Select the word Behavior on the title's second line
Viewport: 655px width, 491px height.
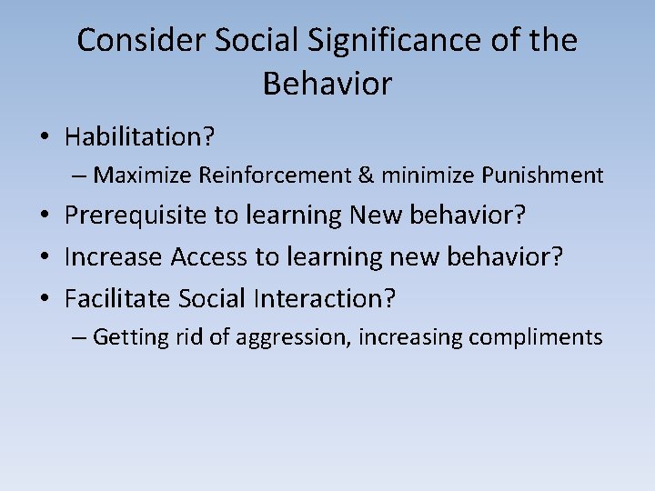pyautogui.click(x=327, y=85)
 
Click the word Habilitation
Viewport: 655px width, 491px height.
pyautogui.click(x=139, y=137)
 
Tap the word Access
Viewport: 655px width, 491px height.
pyautogui.click(x=210, y=257)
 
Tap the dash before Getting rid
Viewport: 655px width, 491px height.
pyautogui.click(x=80, y=338)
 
